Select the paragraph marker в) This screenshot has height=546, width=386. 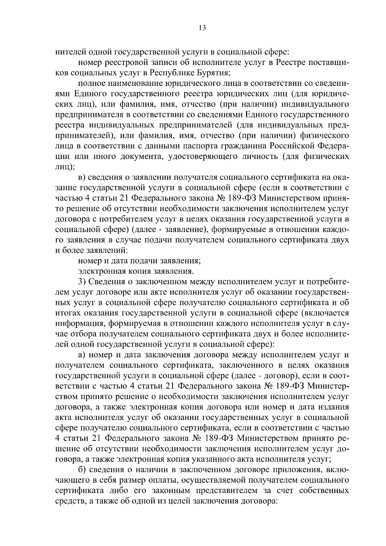click(82, 177)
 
